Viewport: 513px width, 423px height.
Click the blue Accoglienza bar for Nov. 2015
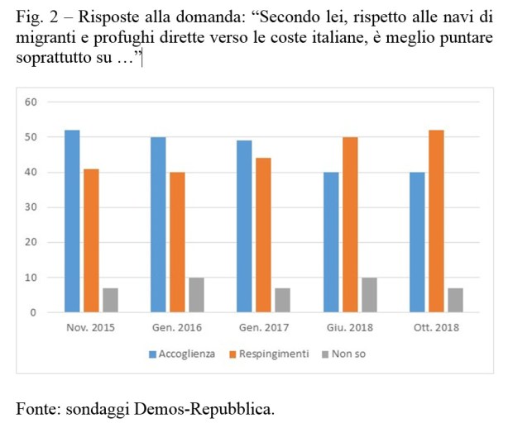coord(72,221)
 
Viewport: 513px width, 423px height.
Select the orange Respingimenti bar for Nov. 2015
coord(92,240)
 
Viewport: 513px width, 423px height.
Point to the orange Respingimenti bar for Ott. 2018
coord(437,221)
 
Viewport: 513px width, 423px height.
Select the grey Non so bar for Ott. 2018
coord(456,300)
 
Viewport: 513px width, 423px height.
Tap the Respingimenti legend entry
coord(269,354)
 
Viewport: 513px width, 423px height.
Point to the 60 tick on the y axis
coord(32,102)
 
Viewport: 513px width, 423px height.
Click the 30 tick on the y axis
coord(32,207)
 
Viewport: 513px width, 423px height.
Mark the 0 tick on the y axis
coord(35,313)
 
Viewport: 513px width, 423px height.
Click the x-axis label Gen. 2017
coord(265,328)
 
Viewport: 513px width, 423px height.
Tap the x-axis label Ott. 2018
coord(437,328)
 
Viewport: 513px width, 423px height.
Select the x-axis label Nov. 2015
coord(92,328)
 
